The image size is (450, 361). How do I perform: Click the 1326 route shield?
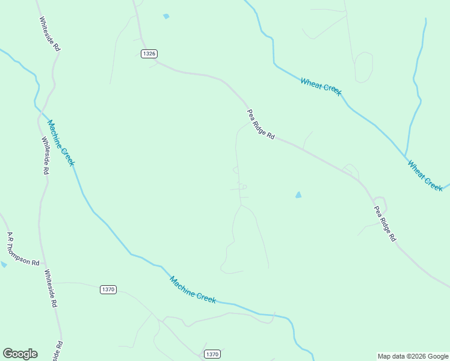tap(150, 54)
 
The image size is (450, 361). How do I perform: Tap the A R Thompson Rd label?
tap(23, 249)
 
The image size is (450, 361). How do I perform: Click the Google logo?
tap(20, 354)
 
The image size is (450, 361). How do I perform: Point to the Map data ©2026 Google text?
tap(413, 356)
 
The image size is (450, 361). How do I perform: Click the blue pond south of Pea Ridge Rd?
tap(298, 195)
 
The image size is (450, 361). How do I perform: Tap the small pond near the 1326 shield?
tap(166, 16)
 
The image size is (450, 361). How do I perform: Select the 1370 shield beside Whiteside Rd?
tap(108, 289)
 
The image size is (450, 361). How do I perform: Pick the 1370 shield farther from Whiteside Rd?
tap(212, 354)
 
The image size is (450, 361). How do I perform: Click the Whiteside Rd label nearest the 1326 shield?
tap(50, 32)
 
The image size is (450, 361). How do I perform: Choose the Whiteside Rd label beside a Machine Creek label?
tap(45, 155)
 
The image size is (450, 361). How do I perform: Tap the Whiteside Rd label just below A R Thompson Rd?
tap(50, 288)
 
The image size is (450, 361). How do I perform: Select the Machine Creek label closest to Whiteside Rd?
tap(61, 143)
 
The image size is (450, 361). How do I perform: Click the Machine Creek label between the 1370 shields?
tap(192, 289)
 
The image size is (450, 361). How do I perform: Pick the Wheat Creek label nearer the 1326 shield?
tap(321, 87)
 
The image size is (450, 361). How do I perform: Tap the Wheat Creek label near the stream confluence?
tap(425, 175)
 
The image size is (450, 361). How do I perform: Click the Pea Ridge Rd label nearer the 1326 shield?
tap(260, 125)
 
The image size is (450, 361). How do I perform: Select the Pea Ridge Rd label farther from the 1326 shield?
tap(385, 224)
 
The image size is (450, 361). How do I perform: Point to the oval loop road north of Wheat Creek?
tap(363, 67)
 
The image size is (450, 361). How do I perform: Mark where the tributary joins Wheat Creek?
tap(405, 155)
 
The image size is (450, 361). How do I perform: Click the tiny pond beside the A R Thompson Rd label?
tap(3, 264)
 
